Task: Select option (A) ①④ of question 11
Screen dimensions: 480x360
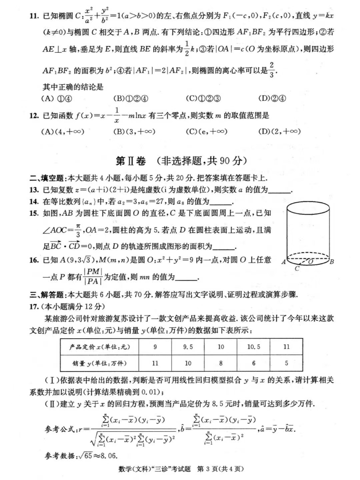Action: [x=56, y=98]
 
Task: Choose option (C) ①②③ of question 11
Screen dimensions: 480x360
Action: [x=203, y=98]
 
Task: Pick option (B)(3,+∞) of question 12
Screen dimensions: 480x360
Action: [x=134, y=131]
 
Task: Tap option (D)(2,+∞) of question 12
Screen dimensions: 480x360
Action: [x=279, y=131]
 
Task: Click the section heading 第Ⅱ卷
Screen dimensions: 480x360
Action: [x=131, y=161]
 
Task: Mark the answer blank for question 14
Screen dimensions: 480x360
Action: [x=221, y=202]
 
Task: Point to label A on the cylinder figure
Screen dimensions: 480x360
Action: [x=284, y=262]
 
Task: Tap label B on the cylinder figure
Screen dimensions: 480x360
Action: [x=332, y=262]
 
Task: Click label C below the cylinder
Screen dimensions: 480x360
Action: [x=297, y=269]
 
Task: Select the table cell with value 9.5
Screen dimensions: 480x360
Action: [x=188, y=347]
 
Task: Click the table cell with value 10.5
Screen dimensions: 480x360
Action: [x=254, y=347]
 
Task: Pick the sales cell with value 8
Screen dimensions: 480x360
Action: [x=221, y=363]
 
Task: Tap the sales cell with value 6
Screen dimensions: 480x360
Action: [x=254, y=363]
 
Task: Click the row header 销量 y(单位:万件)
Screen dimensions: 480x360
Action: [x=100, y=363]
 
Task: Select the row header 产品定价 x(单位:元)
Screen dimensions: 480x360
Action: [x=100, y=347]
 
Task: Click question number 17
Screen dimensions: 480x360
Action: [x=34, y=306]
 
